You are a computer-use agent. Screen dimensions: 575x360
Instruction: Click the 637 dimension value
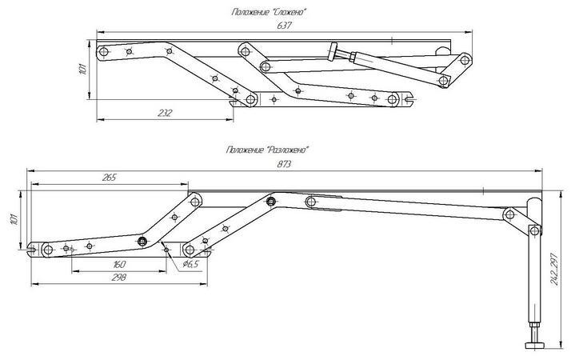284,26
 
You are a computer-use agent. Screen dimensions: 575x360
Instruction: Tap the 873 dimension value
284,164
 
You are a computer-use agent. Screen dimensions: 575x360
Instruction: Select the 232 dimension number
164,113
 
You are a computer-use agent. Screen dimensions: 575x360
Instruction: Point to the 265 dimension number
109,178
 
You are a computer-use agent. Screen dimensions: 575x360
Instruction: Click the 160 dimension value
119,264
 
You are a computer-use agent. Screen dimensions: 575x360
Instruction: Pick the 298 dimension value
119,277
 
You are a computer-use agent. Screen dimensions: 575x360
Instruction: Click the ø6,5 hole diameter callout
190,263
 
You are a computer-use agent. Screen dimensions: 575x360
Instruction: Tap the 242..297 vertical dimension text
554,269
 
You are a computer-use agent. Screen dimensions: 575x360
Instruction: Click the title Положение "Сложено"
269,12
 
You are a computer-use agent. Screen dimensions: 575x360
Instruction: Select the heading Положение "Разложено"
268,150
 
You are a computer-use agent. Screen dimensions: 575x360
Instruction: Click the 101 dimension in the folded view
83,69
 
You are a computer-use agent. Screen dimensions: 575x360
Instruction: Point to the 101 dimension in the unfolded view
14,219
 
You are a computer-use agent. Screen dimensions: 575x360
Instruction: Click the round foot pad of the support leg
534,346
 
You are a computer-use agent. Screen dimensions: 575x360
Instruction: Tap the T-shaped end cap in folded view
333,51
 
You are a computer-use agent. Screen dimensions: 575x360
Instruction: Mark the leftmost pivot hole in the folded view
104,51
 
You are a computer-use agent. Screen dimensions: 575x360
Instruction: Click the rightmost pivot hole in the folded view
465,59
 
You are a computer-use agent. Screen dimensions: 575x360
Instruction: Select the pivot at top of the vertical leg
535,231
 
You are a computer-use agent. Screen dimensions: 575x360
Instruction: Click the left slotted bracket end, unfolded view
33,250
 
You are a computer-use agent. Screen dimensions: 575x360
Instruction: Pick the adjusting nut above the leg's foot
534,326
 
